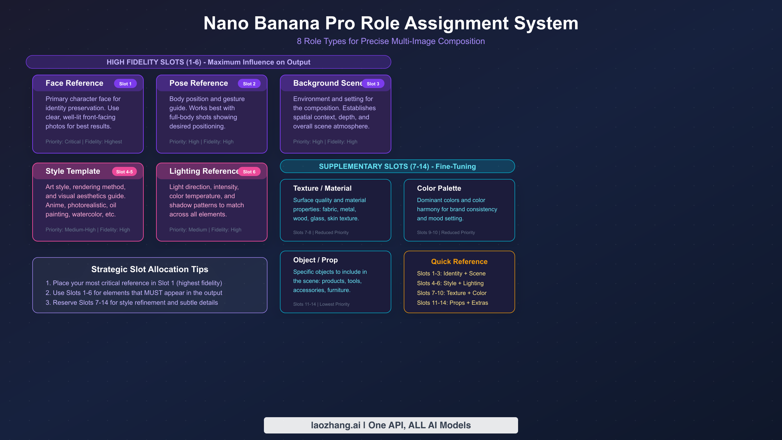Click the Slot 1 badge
[x=125, y=84]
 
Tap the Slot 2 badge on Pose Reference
[x=249, y=84]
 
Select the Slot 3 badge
[x=373, y=84]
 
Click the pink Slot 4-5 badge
[x=124, y=172]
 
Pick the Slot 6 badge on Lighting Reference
[x=249, y=172]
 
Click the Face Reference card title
[x=74, y=83]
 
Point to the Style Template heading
[x=73, y=171]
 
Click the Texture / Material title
[x=322, y=188]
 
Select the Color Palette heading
[x=439, y=188]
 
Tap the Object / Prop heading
[x=315, y=260]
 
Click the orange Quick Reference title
[x=459, y=261]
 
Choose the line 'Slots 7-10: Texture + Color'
[x=452, y=293]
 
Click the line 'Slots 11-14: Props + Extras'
[x=452, y=303]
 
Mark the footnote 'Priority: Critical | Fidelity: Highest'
[x=84, y=142]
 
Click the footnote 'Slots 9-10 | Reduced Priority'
[x=446, y=232]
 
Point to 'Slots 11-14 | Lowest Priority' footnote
[x=321, y=304]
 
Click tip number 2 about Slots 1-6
[x=134, y=293]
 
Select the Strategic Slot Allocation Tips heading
[x=150, y=269]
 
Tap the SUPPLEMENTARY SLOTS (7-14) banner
[x=397, y=166]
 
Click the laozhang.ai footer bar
[x=391, y=425]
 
